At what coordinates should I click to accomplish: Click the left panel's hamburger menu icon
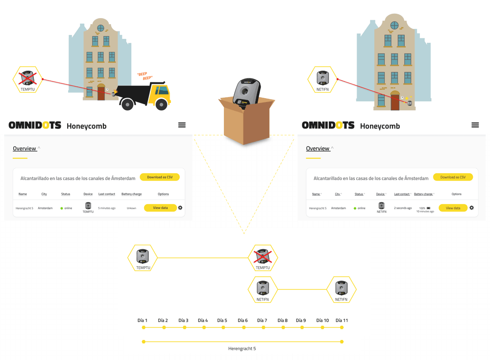point(182,125)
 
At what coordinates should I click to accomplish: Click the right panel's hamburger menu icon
point(475,125)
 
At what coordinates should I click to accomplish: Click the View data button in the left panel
point(160,208)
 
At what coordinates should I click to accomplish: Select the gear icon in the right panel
point(471,208)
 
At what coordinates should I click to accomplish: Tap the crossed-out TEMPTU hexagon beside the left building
point(28,80)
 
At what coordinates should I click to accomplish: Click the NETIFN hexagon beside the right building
point(322,80)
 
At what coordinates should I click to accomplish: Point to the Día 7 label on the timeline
point(262,321)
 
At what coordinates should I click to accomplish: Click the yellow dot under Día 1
point(144,328)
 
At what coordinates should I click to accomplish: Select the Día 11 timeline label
point(342,321)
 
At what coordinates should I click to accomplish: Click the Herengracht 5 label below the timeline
point(242,349)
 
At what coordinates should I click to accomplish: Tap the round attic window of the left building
point(100,28)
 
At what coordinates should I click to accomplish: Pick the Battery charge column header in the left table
point(131,194)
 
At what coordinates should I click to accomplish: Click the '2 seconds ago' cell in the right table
point(403,208)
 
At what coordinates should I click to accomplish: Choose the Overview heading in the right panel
point(318,149)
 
